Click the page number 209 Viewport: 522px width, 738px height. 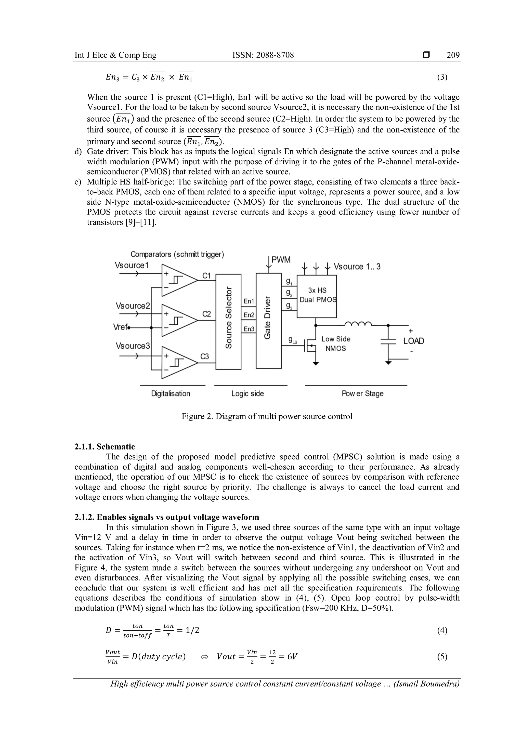pos(453,55)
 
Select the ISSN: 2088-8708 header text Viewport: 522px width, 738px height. pos(263,55)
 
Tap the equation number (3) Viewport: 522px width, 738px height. pos(442,77)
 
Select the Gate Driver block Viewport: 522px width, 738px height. pos(268,321)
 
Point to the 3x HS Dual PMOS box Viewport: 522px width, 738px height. pos(317,296)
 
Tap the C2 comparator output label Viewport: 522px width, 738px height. pos(206,314)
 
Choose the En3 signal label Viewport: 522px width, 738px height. pos(249,329)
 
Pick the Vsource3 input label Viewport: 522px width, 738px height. pos(133,346)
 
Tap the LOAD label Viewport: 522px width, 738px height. pos(413,341)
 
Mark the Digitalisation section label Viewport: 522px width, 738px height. pos(171,393)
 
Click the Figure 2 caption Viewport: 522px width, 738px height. pos(267,416)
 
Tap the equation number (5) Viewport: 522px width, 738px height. pos(442,657)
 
